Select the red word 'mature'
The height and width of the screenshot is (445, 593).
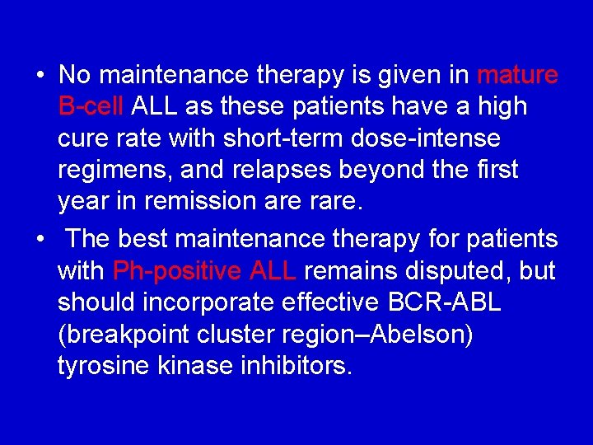coord(517,76)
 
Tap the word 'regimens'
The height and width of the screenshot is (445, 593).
coord(114,171)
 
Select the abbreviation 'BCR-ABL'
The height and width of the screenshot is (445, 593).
coord(446,302)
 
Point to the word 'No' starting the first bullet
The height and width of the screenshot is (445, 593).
coord(74,76)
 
